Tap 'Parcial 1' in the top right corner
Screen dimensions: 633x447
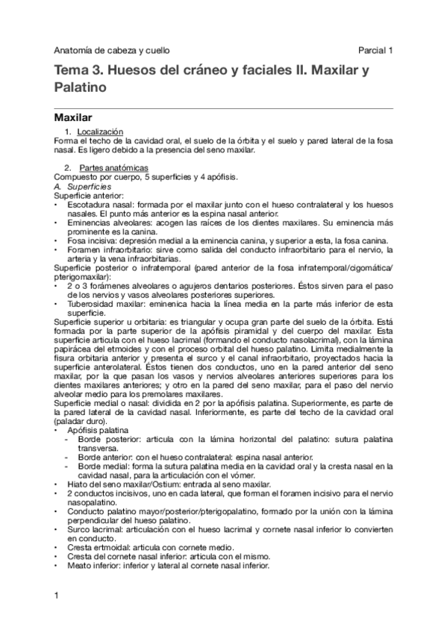coord(375,51)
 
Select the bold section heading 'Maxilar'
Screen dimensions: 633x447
coord(73,117)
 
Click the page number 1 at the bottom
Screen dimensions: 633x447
coord(57,594)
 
